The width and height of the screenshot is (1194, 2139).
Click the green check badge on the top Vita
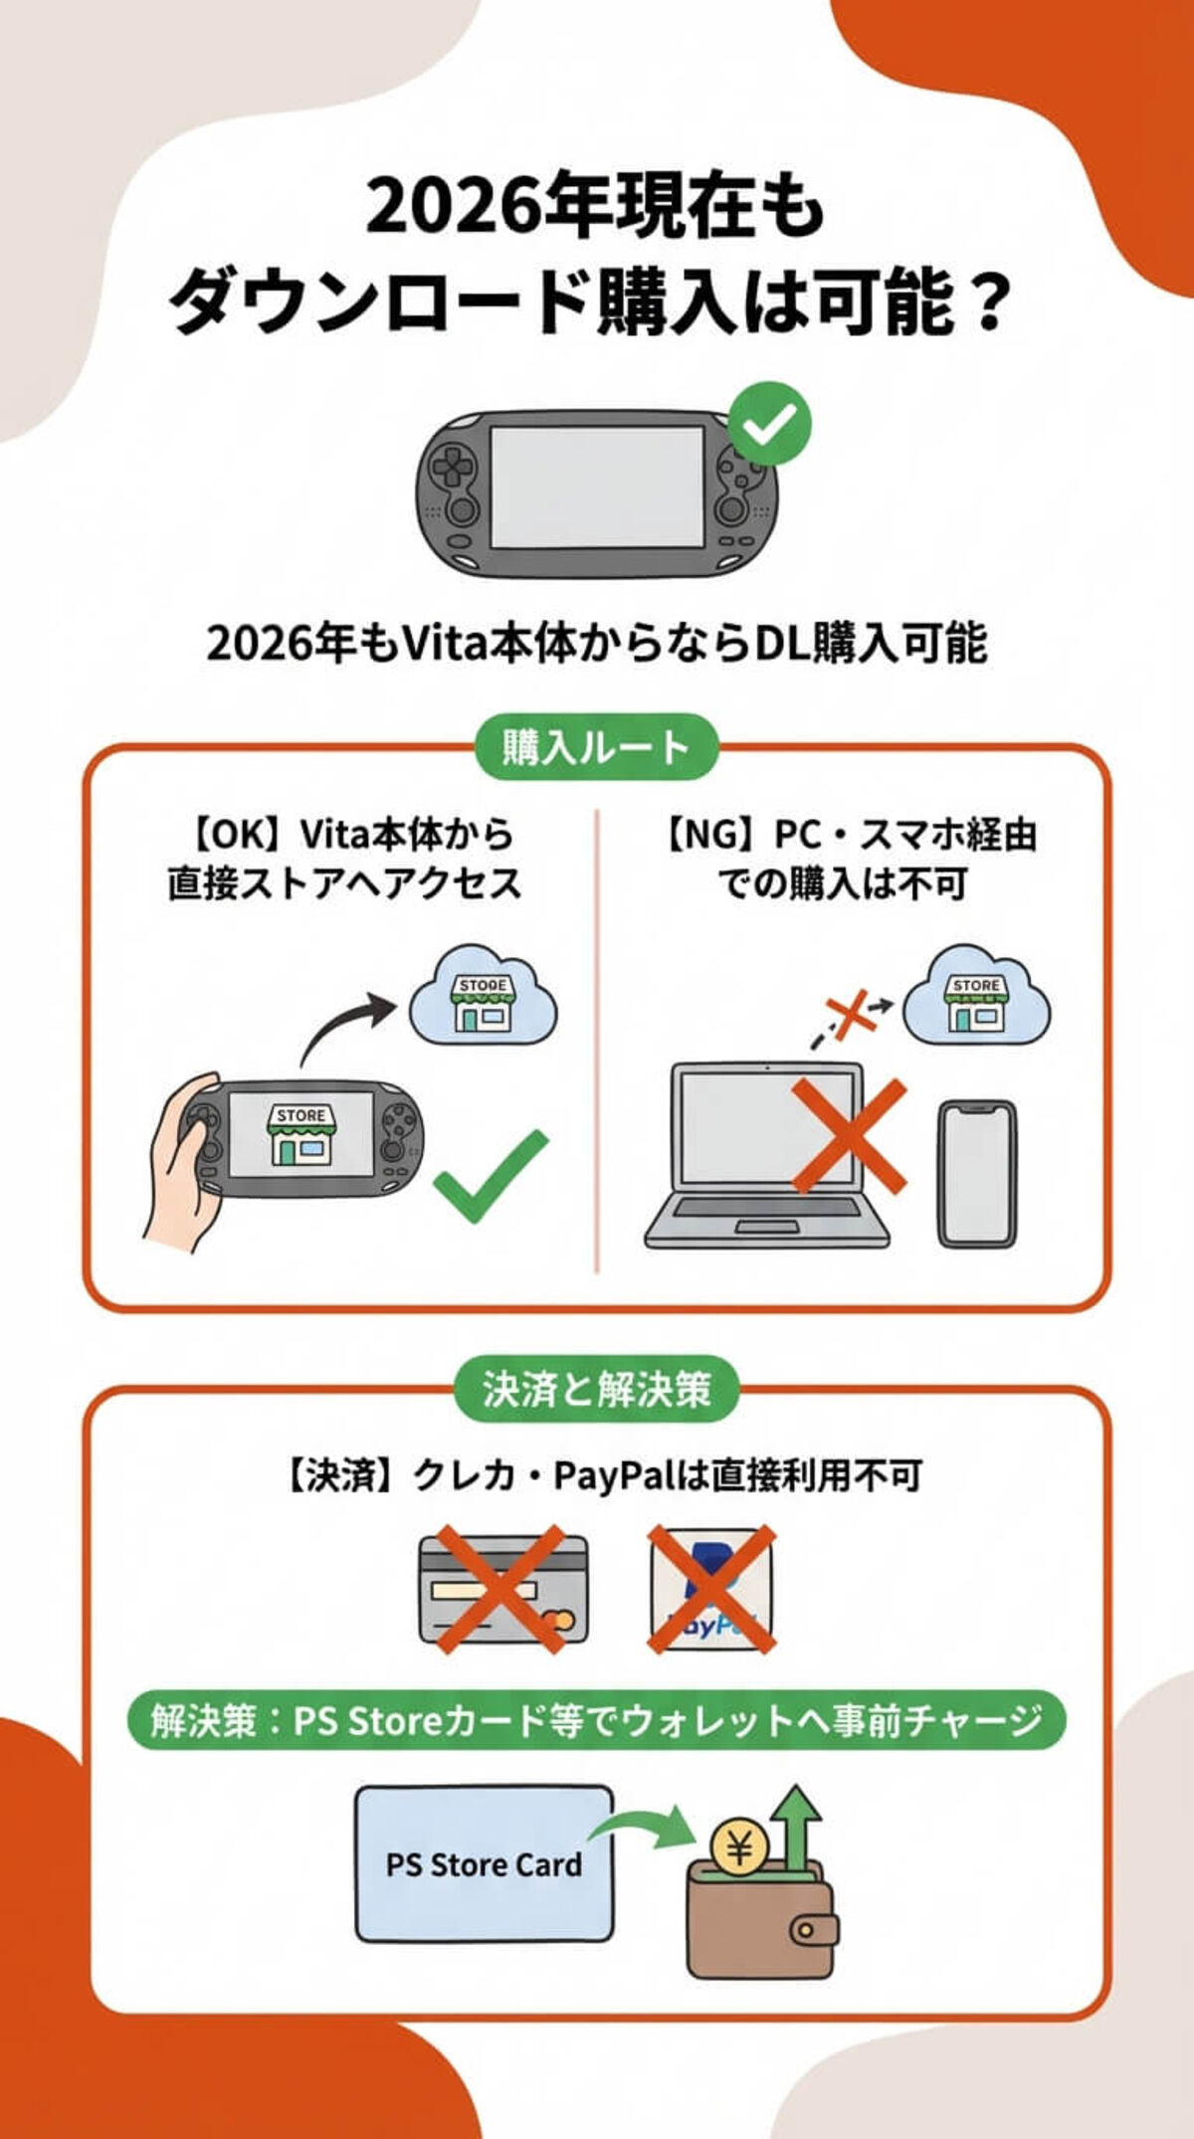[769, 426]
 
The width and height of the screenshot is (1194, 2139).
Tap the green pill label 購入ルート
[595, 746]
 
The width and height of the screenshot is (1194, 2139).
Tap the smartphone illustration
[977, 1174]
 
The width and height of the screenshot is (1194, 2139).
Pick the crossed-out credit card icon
[502, 1589]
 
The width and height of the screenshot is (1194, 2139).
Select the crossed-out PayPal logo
[710, 1589]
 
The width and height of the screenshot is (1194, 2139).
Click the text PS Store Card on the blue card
[484, 1864]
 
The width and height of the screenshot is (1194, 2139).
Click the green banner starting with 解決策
[596, 1720]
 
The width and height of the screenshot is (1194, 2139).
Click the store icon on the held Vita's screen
[300, 1135]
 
